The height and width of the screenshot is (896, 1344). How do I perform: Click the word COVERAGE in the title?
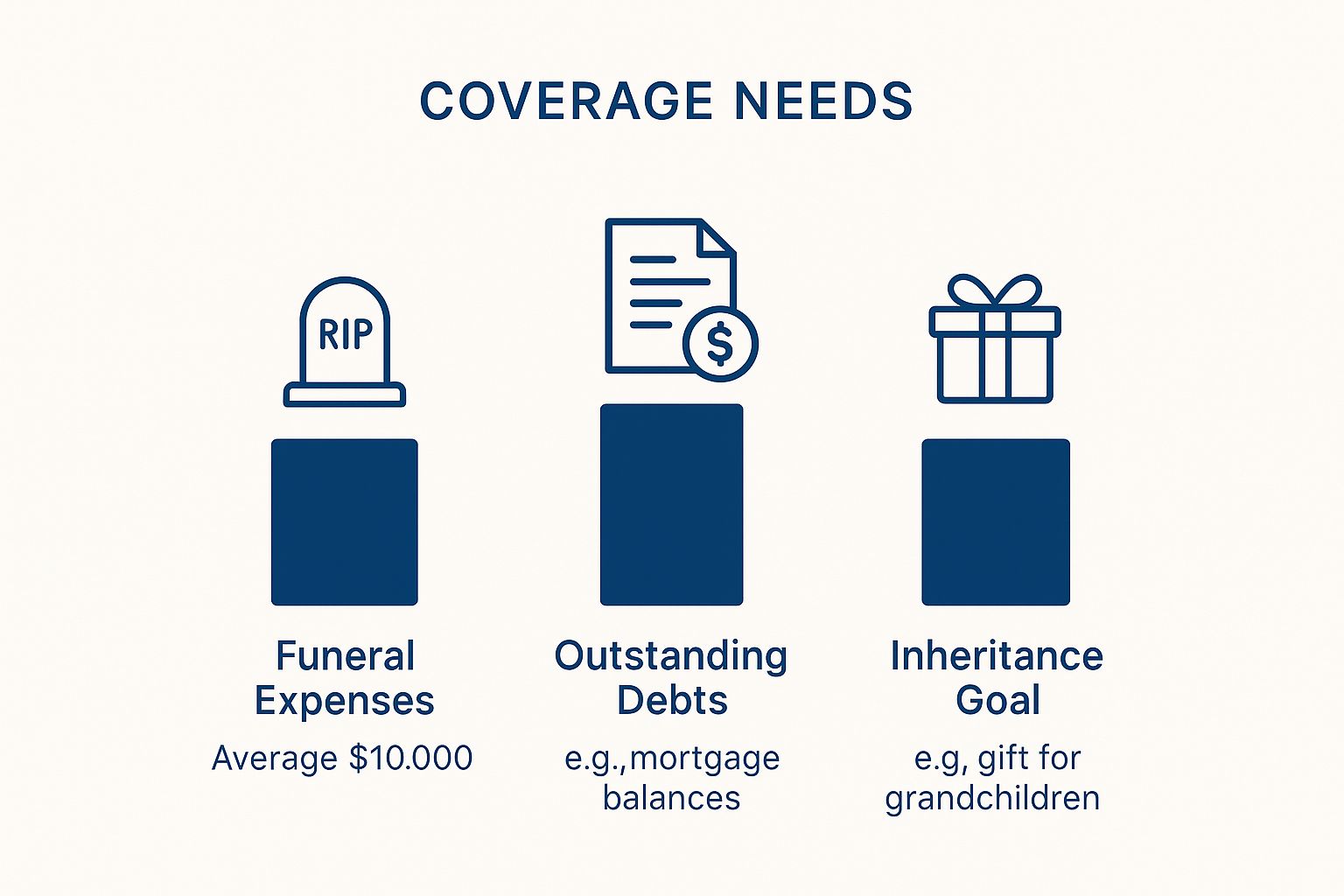tap(566, 101)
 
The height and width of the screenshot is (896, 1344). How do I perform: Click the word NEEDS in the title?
tap(823, 101)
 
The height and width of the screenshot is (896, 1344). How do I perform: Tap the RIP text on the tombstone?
tap(346, 334)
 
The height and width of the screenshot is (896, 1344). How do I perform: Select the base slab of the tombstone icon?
tap(345, 395)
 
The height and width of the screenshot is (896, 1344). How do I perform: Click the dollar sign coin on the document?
tap(720, 344)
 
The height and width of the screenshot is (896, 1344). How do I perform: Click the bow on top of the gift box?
tap(994, 291)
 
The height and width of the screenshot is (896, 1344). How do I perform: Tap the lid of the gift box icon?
tap(995, 322)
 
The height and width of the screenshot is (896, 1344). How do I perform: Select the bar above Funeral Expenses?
tap(345, 522)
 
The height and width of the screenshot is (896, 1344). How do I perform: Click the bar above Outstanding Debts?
tap(671, 505)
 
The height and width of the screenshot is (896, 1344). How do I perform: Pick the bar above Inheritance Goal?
tap(996, 522)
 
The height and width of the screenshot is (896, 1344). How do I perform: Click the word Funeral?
tap(345, 655)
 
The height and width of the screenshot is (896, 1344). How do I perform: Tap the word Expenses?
tap(345, 701)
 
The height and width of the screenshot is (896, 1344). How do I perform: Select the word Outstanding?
tap(671, 656)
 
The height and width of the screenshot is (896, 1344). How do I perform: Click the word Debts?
tap(672, 700)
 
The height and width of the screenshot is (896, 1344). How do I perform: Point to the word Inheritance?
tap(997, 655)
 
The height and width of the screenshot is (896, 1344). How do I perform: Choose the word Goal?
tap(997, 700)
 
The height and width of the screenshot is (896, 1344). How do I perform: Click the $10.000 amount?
tap(411, 758)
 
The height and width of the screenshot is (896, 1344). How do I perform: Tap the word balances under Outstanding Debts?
tap(671, 798)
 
